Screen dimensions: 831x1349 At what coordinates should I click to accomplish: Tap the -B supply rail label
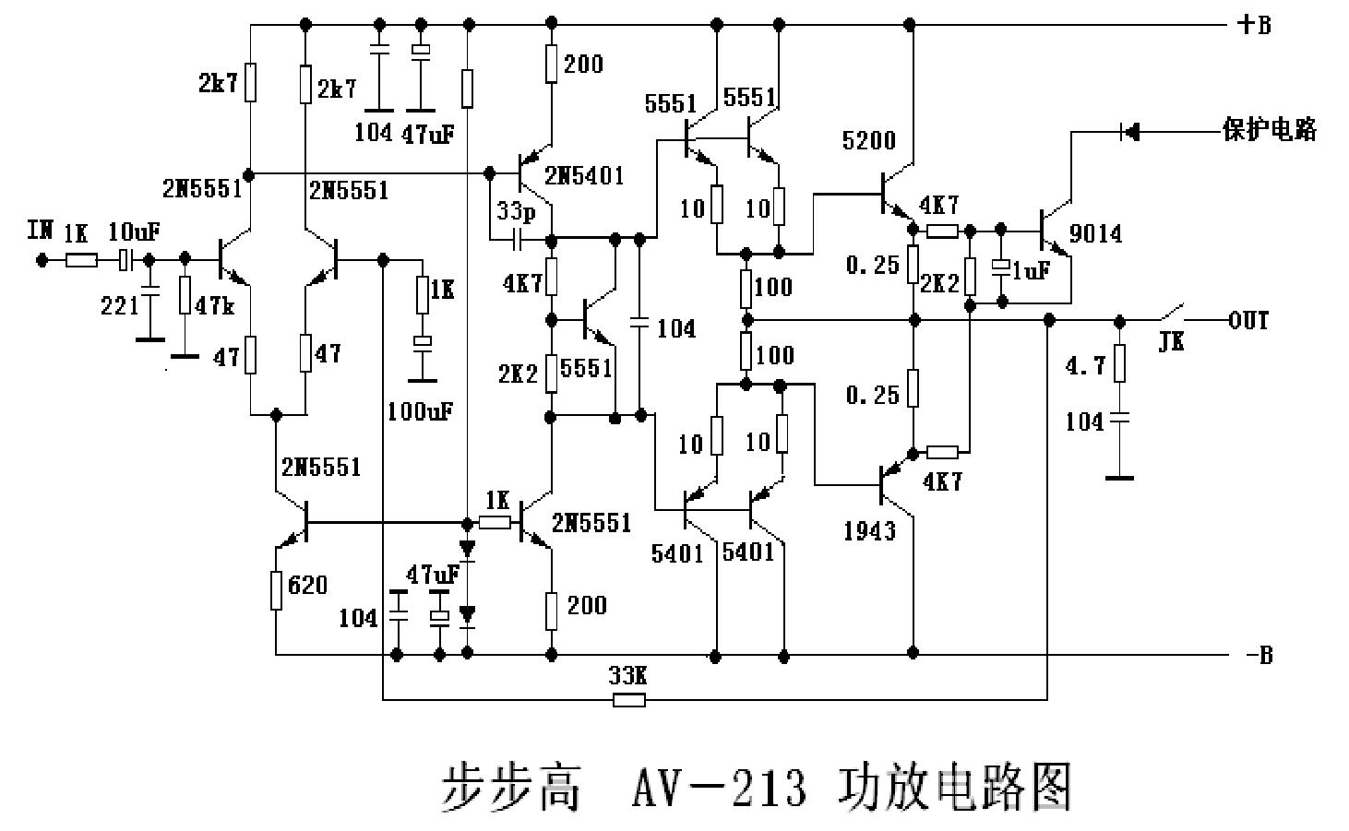coord(1258,656)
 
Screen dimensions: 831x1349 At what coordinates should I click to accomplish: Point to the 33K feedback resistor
coord(628,700)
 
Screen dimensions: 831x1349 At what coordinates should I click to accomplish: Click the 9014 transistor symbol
coord(1052,231)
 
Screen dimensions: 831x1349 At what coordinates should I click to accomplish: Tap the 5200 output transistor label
coord(868,141)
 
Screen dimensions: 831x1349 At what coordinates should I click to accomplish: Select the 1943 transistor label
coord(869,530)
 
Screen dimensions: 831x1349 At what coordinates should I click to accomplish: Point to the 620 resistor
coord(276,590)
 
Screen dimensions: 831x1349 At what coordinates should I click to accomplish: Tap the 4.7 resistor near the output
coord(1119,363)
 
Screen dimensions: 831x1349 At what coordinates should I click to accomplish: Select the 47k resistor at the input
coord(185,295)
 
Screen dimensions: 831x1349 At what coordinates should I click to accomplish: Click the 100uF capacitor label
coord(420,411)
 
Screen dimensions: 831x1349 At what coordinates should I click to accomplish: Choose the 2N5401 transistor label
coord(583,175)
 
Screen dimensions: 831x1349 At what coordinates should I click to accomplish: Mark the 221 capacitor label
coord(118,305)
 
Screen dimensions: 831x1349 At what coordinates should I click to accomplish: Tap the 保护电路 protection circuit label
coord(1269,130)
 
